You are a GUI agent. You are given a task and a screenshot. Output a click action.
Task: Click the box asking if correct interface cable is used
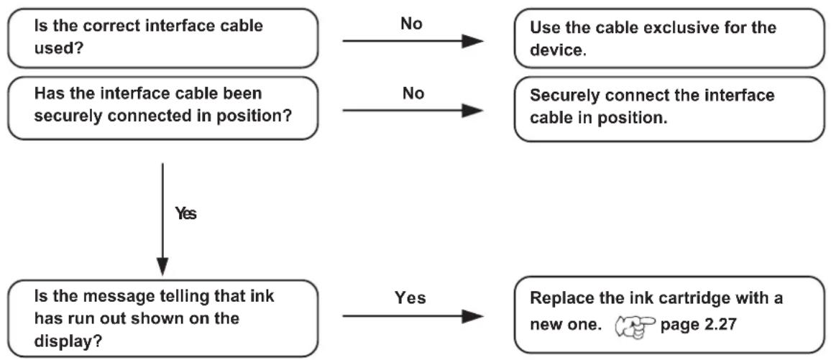162,38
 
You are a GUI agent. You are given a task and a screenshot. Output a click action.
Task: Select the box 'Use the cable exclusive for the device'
669,38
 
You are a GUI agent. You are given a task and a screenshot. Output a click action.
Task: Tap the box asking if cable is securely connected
162,109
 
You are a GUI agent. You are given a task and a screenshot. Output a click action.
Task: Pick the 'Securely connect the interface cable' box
669,109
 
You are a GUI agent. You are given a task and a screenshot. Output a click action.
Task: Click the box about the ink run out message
162,318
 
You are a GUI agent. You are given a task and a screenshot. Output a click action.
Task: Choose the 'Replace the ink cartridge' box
669,315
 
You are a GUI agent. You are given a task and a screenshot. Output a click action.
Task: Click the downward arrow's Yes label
185,214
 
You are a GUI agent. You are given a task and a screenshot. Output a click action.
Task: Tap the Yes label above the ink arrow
410,298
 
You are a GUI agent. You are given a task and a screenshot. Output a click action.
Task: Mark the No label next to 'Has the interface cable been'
413,93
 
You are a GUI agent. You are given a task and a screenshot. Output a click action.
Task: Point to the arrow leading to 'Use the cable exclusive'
413,41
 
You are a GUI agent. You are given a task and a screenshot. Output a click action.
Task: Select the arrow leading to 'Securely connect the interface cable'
413,111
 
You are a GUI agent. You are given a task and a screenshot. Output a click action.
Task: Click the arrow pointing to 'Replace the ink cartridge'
413,317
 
